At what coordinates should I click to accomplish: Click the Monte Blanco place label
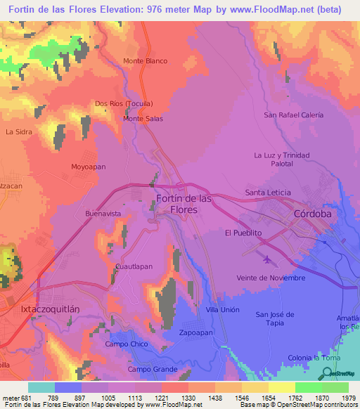145,61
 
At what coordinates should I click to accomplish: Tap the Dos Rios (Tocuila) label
124,103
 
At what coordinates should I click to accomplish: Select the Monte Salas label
143,119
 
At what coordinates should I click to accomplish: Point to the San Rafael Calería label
293,115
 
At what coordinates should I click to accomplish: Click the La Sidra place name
19,131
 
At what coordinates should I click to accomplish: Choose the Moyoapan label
88,167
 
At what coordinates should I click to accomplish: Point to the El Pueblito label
243,233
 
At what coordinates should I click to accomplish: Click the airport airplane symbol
266,260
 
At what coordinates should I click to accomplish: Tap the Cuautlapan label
134,267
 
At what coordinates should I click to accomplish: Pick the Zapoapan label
195,332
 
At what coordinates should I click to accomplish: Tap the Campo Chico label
127,344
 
